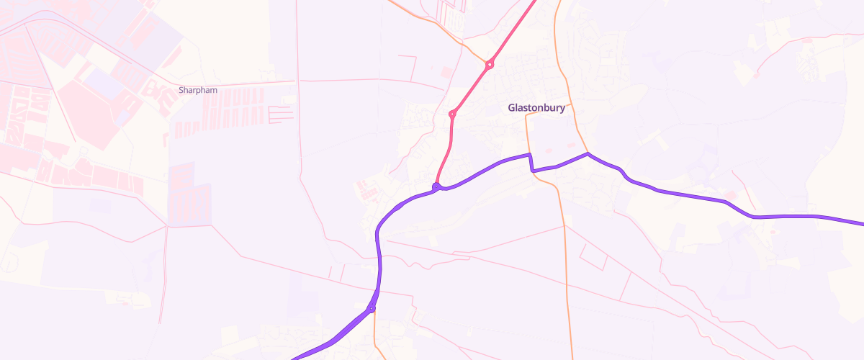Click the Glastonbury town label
[x=536, y=108]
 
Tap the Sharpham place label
[x=197, y=91]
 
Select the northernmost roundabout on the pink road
[x=490, y=65]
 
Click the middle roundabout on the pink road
[x=452, y=114]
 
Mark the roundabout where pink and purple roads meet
[x=436, y=187]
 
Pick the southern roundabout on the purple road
[x=371, y=310]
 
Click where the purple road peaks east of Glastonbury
[x=588, y=153]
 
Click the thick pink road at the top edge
[x=535, y=3]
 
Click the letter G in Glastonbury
[x=512, y=108]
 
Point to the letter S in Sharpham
[x=181, y=91]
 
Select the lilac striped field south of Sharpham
[x=189, y=194]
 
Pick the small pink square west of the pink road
[x=447, y=72]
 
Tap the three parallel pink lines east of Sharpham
[x=281, y=114]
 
